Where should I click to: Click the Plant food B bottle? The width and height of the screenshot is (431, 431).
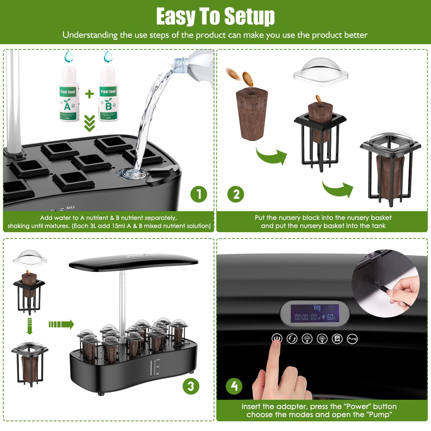click(108, 97)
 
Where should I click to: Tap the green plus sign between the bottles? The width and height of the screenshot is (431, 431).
click(89, 94)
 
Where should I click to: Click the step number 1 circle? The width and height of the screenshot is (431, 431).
click(199, 194)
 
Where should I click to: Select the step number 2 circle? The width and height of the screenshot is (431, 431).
click(235, 194)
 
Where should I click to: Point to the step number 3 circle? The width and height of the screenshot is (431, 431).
click(191, 386)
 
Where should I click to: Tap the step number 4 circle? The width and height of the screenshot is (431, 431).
click(234, 386)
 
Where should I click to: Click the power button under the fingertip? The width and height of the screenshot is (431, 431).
click(277, 338)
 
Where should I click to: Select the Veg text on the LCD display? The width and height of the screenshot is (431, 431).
click(317, 308)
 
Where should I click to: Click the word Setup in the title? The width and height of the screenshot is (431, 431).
click(249, 17)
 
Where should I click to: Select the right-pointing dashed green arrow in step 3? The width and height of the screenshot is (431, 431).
click(61, 324)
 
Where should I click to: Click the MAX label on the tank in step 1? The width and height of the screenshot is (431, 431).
click(71, 207)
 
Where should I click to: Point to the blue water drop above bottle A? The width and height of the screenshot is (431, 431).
click(69, 56)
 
